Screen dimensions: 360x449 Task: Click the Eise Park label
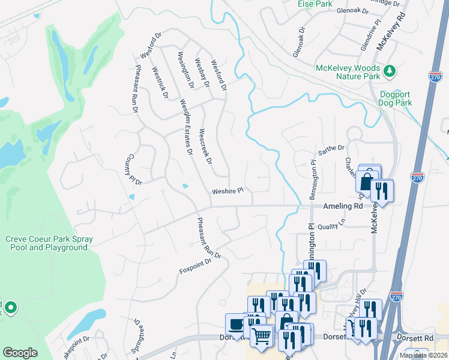coord(315,4)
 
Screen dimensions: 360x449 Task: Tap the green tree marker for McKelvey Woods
coord(390,71)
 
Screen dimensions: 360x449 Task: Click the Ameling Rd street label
coord(343,206)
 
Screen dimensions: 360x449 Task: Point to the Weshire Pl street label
coord(227,191)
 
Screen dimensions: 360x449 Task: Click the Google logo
coord(20,353)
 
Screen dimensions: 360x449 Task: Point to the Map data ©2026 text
coord(423,355)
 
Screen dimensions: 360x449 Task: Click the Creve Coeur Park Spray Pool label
coord(49,243)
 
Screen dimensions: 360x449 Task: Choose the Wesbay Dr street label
coord(201,73)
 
